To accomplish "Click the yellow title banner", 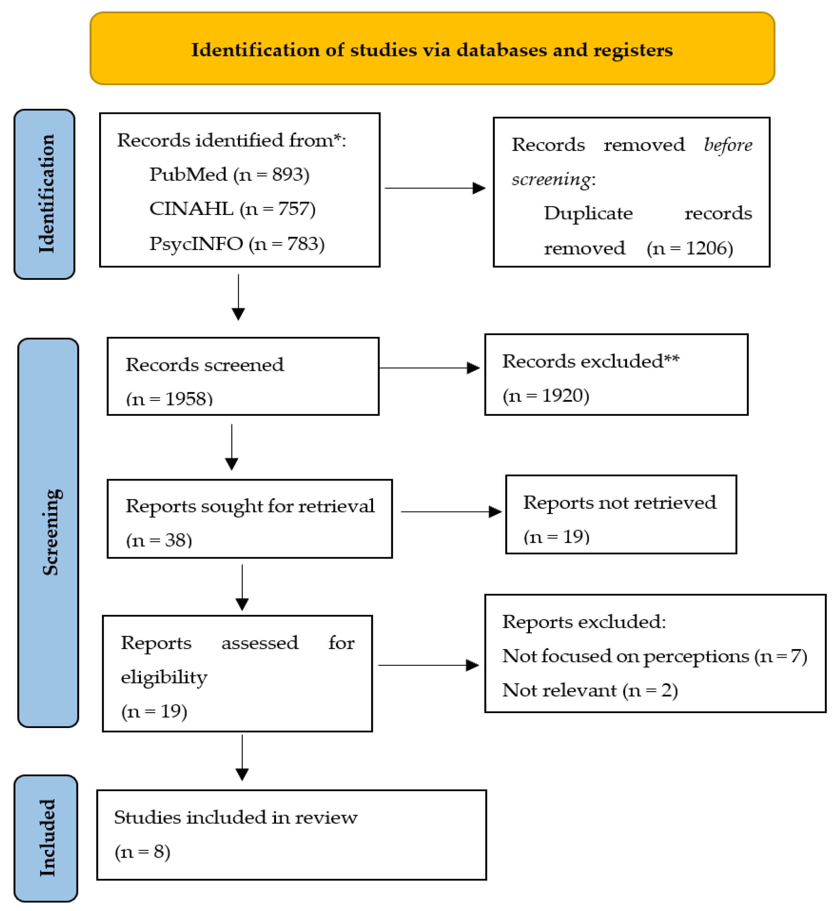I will (x=432, y=48).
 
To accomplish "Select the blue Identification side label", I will (x=45, y=194).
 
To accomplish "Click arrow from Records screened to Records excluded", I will (x=429, y=368).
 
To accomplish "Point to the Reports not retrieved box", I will (x=621, y=514).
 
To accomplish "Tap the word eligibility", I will (x=164, y=677).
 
